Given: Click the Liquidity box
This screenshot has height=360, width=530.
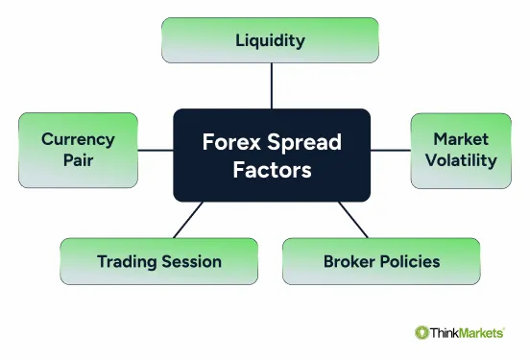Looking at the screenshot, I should [271, 40].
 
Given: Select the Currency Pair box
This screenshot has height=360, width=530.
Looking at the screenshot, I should [79, 150].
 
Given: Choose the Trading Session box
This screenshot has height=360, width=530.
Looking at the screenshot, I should [159, 261].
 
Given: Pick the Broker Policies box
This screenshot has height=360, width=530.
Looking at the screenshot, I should [381, 261].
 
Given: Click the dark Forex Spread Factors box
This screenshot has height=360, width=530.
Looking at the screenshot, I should [271, 155].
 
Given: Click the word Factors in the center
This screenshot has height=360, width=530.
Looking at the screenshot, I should [271, 170].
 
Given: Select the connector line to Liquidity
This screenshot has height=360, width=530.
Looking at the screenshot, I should [272, 85].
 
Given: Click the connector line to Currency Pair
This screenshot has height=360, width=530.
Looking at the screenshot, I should [155, 150].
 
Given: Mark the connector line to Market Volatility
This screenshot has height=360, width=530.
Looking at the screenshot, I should [390, 150].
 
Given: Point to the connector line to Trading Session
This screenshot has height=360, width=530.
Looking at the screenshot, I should [187, 220].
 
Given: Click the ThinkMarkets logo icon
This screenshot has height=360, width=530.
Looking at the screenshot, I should [422, 332].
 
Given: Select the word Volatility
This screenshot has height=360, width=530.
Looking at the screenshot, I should [465, 160].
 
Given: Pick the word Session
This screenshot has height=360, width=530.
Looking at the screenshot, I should [190, 261].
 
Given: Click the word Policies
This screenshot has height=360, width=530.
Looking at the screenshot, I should [409, 261].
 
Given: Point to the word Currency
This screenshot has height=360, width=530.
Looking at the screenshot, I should [79, 139].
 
